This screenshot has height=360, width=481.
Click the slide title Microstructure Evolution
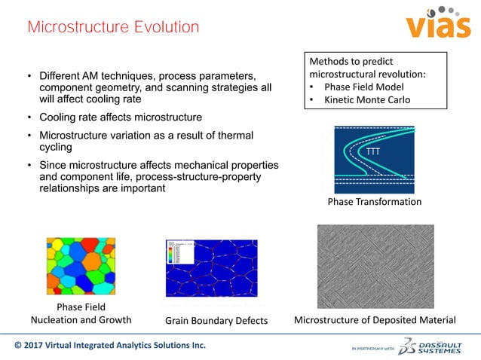pyautogui.click(x=113, y=28)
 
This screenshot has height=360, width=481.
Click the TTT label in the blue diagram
pyautogui.click(x=372, y=153)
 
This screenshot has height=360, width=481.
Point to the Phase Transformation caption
pyautogui.click(x=374, y=202)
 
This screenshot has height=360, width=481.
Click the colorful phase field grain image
pyautogui.click(x=81, y=266)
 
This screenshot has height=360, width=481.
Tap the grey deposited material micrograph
pyautogui.click(x=375, y=266)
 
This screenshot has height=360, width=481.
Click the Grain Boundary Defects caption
pyautogui.click(x=216, y=321)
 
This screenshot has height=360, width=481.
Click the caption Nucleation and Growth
pyautogui.click(x=81, y=319)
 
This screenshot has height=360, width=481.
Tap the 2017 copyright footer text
pyautogui.click(x=109, y=346)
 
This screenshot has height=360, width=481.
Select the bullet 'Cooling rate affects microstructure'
pyautogui.click(x=121, y=117)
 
